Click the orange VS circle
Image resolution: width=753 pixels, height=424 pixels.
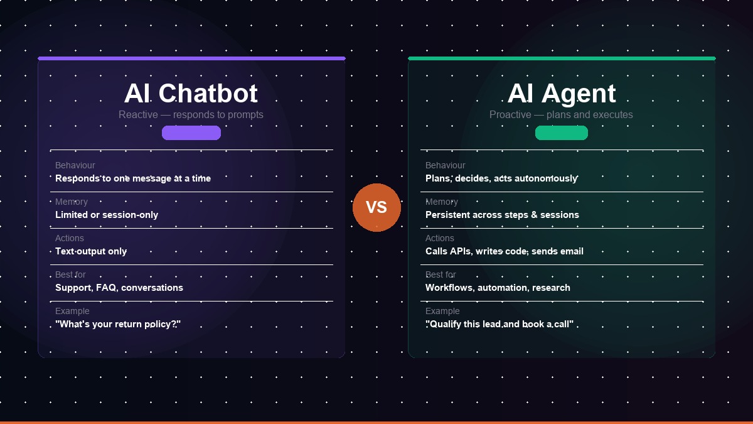376,207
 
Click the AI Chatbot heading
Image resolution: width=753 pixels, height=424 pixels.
191,93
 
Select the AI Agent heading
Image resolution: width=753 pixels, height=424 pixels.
562,93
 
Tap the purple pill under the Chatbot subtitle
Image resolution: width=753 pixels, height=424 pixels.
191,133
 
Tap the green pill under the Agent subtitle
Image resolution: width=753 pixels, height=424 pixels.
562,133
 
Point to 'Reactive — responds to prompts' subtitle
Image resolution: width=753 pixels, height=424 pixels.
191,115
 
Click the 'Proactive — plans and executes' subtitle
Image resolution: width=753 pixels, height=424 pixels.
561,115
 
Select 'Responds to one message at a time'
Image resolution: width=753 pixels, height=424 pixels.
133,178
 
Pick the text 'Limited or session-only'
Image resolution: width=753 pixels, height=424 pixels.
107,215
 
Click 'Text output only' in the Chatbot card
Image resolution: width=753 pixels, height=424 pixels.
91,251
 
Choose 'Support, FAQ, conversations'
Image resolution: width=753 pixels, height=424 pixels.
119,288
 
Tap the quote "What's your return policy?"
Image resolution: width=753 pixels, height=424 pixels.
118,324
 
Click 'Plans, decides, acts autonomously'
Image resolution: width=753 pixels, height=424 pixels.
501,178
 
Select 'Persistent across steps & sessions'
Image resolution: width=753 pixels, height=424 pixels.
502,215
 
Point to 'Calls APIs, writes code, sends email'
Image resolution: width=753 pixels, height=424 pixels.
505,251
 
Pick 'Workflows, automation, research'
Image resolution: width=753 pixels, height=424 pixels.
498,288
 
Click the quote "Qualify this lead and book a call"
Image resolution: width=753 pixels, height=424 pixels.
499,324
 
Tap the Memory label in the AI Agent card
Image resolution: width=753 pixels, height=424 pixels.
442,202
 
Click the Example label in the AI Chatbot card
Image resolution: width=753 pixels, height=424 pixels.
72,312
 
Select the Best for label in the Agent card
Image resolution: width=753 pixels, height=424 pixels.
441,275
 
